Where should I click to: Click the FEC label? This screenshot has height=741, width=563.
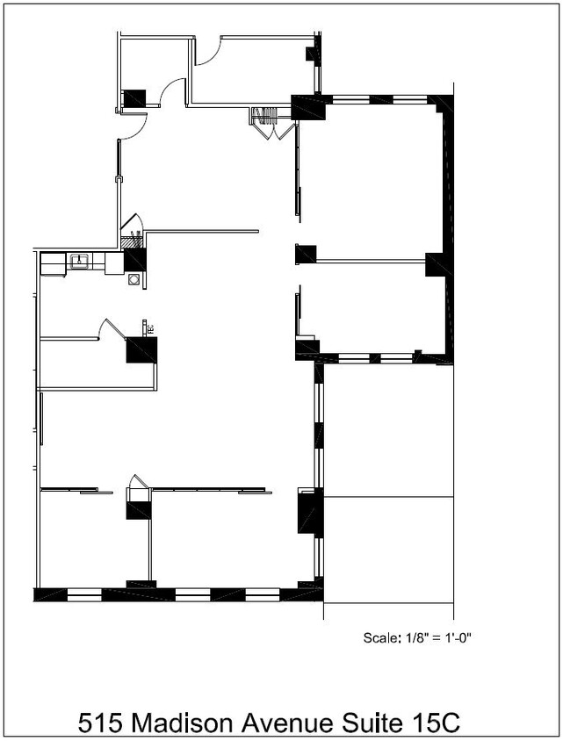tap(151, 328)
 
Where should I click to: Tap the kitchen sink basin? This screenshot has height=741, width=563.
tap(79, 261)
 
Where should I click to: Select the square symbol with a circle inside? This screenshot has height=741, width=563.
tap(134, 279)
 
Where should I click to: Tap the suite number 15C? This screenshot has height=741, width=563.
tap(437, 723)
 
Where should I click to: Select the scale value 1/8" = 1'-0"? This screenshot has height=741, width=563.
tap(439, 638)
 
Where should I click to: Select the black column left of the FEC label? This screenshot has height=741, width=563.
tap(141, 349)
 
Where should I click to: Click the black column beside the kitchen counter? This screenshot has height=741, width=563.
tap(135, 261)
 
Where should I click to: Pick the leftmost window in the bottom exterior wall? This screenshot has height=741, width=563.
tap(84, 594)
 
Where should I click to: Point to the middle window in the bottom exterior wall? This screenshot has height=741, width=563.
tap(192, 594)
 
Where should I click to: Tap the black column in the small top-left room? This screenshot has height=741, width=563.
tap(135, 97)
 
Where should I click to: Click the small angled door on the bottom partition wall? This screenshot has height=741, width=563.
tap(139, 481)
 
